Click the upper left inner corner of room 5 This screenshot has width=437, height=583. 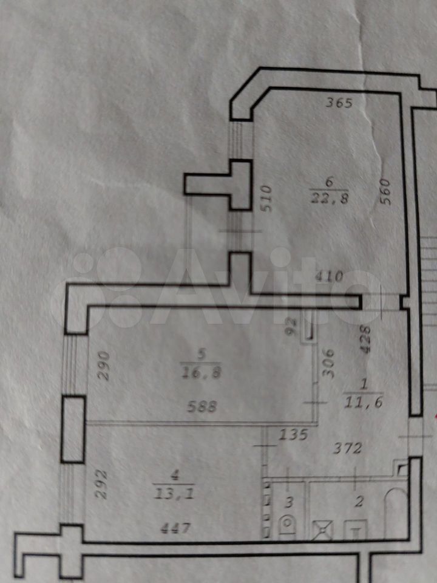coord(88,307)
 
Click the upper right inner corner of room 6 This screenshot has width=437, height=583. coord(400,94)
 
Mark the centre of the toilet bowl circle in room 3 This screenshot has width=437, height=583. coord(288,523)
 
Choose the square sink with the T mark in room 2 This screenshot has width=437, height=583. coord(356,530)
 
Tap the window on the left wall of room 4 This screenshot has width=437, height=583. coord(67,494)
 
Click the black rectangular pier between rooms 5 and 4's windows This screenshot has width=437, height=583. coord(73,429)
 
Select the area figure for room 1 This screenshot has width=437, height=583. coord(364,403)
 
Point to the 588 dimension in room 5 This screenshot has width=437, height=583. coord(202,407)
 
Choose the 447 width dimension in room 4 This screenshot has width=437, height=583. coord(175,528)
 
